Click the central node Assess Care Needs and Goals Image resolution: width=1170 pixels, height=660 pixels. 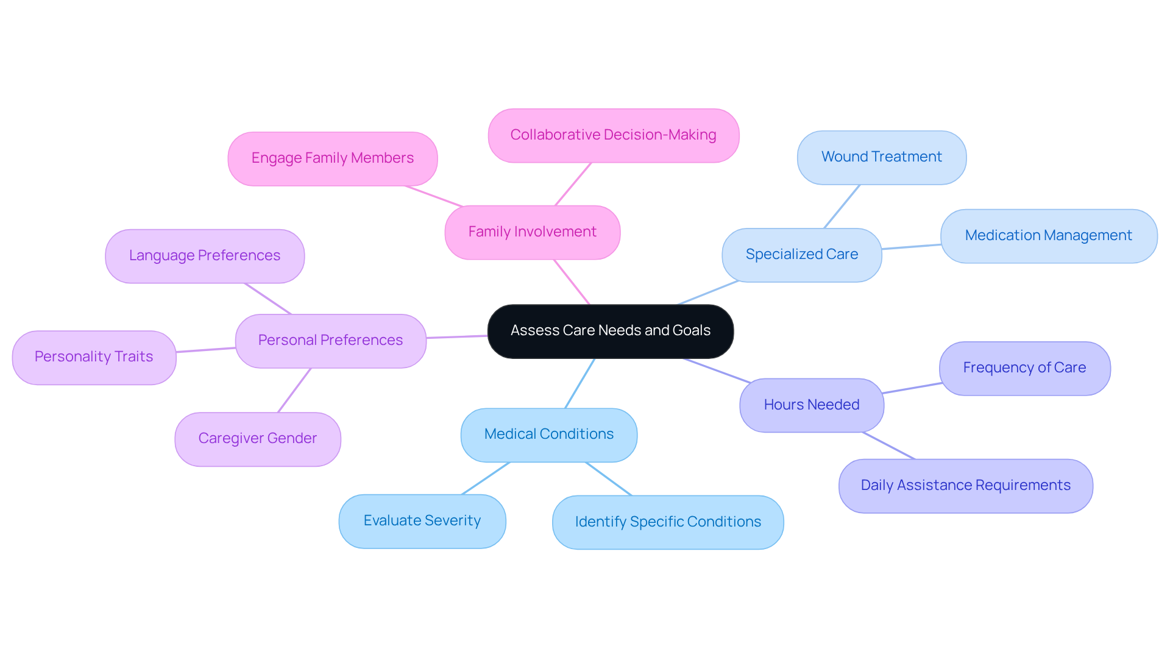tap(610, 331)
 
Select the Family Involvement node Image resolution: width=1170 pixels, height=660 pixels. tap(532, 232)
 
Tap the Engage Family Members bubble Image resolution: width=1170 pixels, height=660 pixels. tap(332, 158)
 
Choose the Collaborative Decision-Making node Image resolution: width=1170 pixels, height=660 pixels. tap(613, 135)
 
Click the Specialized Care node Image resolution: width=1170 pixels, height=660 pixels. tap(801, 255)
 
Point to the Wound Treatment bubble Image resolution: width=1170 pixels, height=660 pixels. tap(881, 157)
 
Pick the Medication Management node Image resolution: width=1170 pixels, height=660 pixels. tap(1048, 236)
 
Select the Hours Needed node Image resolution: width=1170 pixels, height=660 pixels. tap(811, 405)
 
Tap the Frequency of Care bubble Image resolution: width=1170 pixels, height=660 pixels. tap(1024, 368)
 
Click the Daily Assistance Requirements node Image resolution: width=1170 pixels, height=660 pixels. tap(965, 486)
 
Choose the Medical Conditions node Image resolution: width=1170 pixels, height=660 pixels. tap(548, 435)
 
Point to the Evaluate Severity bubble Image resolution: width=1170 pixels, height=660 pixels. tap(422, 521)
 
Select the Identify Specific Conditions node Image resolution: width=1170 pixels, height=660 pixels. tap(667, 522)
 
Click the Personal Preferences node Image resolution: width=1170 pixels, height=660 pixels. tap(330, 341)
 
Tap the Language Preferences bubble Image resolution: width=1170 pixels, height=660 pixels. tap(204, 256)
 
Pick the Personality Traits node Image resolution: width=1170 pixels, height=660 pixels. tap(94, 357)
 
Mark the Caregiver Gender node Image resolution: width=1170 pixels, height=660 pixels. tap(257, 439)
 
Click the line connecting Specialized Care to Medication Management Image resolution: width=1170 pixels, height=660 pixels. tap(911, 247)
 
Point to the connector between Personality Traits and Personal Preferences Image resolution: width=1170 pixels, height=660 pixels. tap(206, 350)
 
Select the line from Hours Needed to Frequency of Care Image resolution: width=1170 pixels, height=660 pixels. tap(912, 388)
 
